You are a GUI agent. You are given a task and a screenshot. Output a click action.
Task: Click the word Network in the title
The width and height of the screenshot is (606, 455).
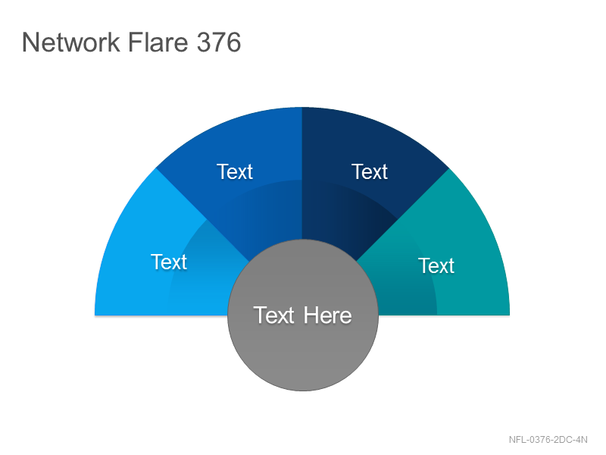coord(70,42)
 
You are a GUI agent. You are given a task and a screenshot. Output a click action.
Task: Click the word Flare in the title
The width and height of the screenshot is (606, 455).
coord(158,42)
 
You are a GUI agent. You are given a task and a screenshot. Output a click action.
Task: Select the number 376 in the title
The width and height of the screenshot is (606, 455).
coord(219,42)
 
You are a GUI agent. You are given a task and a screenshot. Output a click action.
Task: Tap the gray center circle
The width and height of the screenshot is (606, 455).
coord(303,315)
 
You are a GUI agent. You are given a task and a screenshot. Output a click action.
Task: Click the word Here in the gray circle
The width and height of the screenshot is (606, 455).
coord(328,315)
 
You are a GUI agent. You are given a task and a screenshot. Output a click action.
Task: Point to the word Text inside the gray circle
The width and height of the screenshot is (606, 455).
coord(273,315)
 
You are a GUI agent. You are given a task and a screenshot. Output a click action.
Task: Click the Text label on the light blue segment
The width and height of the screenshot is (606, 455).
coord(169,262)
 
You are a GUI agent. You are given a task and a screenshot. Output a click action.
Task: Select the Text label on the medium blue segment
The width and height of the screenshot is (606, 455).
coord(235,171)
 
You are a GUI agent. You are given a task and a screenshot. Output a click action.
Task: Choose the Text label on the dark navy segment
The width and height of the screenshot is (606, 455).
coord(370,171)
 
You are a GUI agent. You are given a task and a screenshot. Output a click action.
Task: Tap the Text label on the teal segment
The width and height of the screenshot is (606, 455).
coord(436,265)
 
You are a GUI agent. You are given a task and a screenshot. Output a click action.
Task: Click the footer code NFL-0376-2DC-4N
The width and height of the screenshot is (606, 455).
coord(548,440)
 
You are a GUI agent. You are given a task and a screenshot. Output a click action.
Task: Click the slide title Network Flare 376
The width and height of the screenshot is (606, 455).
coord(131,42)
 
